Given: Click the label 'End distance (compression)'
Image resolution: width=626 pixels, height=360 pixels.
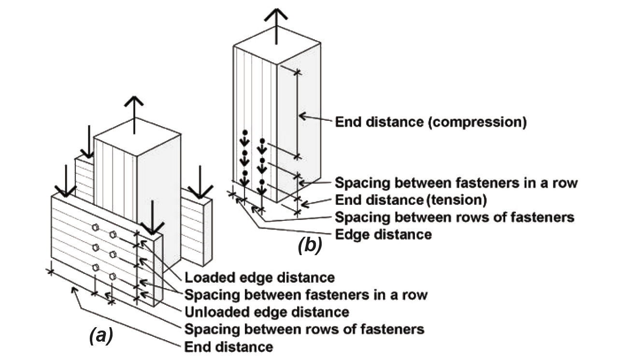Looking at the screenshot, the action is [x=431, y=122].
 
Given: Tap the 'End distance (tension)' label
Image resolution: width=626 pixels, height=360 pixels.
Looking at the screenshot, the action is [x=411, y=200].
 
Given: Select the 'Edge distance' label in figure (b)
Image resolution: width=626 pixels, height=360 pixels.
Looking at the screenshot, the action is [x=384, y=234].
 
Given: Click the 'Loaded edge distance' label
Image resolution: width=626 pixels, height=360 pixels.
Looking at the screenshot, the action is [x=259, y=278].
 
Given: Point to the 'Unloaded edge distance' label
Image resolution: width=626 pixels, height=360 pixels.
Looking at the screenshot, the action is [x=267, y=312].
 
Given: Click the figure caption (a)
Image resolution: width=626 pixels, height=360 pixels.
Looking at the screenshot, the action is [x=101, y=336].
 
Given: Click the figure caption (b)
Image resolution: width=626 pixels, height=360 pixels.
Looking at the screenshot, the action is [x=310, y=245].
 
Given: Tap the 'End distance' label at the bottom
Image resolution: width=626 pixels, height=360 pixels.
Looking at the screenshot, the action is [x=228, y=347].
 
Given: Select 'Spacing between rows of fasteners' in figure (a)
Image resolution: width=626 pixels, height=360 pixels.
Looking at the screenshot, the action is [x=304, y=329].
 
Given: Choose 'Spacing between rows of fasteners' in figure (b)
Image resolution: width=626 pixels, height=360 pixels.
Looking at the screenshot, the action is [x=455, y=217].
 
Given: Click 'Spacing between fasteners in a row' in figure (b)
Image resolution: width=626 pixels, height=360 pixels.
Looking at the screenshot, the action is [x=456, y=183].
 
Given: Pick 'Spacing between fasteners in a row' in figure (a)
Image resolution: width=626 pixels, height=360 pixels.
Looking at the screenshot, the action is [x=306, y=295].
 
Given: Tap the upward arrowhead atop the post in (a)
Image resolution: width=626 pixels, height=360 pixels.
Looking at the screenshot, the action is [x=134, y=101].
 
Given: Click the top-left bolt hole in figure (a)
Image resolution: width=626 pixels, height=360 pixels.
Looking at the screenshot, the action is [x=95, y=227].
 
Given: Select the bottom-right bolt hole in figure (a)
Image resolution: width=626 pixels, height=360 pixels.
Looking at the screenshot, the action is [x=113, y=276].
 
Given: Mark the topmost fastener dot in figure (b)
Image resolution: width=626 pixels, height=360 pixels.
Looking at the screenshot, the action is [x=245, y=132].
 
